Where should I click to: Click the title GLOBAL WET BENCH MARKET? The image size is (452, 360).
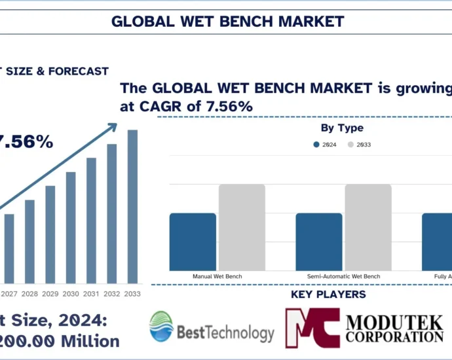click(227, 21)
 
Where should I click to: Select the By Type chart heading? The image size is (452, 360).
click(342, 128)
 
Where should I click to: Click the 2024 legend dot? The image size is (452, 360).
click(317, 145)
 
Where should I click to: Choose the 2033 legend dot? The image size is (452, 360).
click(351, 145)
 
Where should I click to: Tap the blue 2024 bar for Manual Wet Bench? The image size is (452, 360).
click(193, 242)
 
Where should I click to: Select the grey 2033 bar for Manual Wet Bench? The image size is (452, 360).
click(242, 227)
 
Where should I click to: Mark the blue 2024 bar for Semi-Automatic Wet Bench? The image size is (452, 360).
click(319, 242)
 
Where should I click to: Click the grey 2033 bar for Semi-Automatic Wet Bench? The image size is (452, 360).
click(368, 227)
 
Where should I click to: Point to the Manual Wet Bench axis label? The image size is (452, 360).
click(217, 277)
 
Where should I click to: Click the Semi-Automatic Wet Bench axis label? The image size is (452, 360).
click(343, 277)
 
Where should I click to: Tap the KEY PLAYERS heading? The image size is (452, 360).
click(328, 295)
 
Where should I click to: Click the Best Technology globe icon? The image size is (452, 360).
click(161, 327)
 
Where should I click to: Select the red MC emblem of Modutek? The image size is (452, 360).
click(312, 327)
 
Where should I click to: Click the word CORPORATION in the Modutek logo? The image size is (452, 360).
click(394, 336)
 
